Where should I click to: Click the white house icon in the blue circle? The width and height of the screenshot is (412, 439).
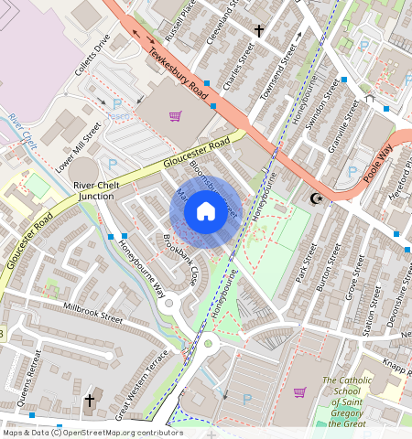click(x=205, y=212)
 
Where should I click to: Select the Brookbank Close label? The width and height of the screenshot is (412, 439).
click(x=180, y=261)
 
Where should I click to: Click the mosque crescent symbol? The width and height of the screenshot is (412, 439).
click(x=318, y=198)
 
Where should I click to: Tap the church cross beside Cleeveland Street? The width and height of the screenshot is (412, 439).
click(x=258, y=31)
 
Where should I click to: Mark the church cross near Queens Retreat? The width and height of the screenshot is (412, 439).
click(x=90, y=401)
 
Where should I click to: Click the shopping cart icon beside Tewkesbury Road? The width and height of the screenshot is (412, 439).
click(x=175, y=116)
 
